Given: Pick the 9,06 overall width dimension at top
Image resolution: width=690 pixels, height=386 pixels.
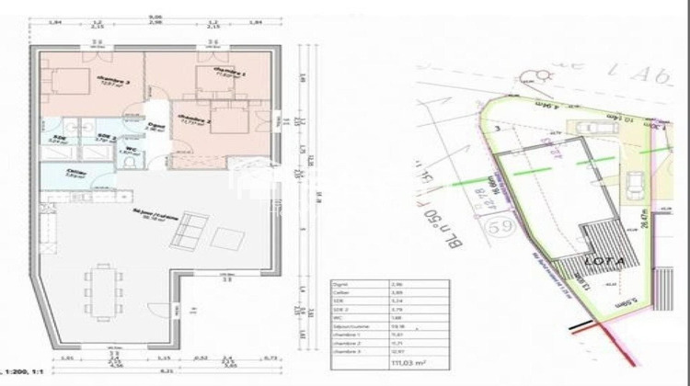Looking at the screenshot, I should click(x=155, y=17).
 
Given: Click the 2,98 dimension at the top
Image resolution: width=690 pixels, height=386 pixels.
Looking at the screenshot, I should click(x=155, y=23).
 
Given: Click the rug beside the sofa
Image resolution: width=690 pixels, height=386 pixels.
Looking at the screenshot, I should click(x=224, y=238).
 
